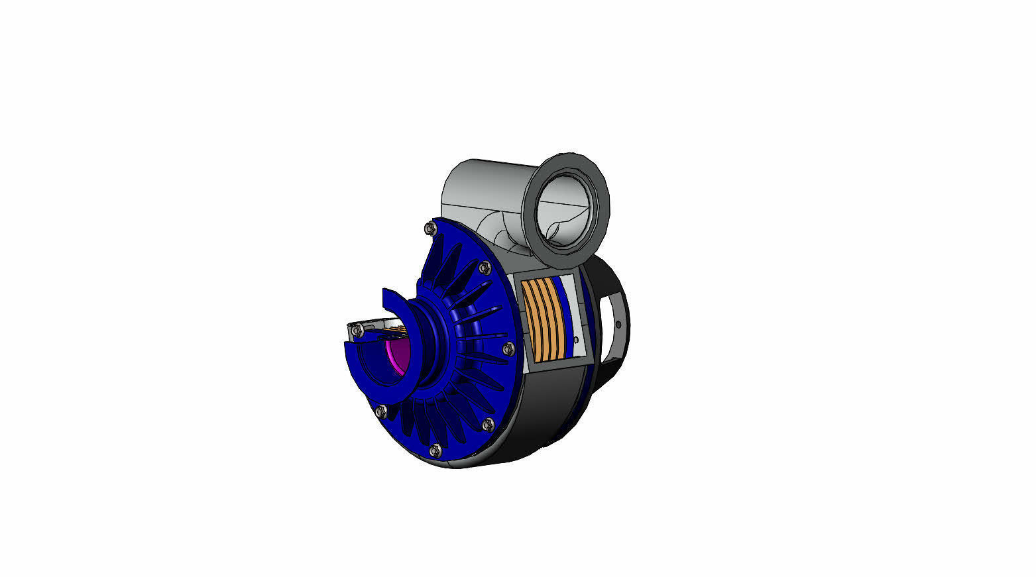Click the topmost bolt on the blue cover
point(430,229)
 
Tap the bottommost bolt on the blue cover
point(435,450)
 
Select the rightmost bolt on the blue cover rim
point(508,348)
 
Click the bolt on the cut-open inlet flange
point(357,329)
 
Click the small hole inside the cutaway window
point(576,340)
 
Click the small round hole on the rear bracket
point(618,325)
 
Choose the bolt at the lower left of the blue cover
point(380,411)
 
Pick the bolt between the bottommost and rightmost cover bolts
point(489,423)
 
